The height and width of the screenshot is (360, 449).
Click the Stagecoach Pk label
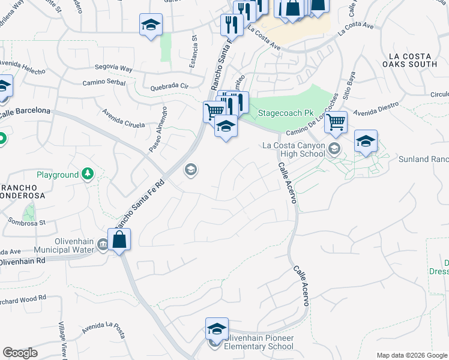(x=286, y=113)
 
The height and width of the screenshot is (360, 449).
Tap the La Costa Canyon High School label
(x=294, y=149)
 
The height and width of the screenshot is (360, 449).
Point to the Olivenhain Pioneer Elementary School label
(x=259, y=343)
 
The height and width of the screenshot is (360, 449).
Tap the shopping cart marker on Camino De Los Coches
(x=336, y=122)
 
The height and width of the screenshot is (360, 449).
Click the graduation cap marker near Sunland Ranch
(x=366, y=142)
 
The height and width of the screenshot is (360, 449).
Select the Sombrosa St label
(x=27, y=221)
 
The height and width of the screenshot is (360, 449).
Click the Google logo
(x=20, y=353)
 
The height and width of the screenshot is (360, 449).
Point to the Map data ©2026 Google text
(x=411, y=355)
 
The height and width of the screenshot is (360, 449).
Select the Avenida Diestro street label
(x=376, y=112)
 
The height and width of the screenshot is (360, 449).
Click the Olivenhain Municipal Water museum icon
(x=103, y=244)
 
